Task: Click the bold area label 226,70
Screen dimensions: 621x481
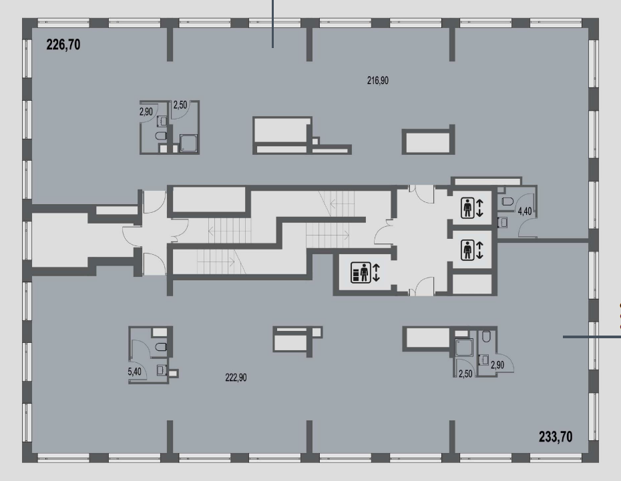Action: pos(63,45)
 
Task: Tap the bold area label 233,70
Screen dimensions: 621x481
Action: pos(556,437)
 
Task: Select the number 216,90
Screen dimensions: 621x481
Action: pos(378,81)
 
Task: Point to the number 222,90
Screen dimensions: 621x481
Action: pos(236,378)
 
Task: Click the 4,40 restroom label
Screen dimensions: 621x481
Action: pos(525,211)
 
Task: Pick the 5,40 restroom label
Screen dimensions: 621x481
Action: pos(135,372)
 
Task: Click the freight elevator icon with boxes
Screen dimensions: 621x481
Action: pos(361,272)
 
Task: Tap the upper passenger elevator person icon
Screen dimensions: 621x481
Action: pos(467,207)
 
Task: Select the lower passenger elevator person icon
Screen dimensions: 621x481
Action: pos(467,250)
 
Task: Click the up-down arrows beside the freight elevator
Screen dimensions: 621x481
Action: pos(376,273)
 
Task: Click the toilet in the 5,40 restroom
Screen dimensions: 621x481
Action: pos(161,347)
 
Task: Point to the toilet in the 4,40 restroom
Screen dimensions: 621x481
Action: pos(507,201)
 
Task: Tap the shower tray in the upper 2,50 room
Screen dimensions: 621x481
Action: pos(188,143)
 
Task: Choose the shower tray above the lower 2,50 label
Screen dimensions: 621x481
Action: pos(464,348)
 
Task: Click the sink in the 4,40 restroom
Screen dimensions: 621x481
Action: pos(503,222)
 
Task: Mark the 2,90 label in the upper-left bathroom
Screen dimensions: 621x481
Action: pos(146,112)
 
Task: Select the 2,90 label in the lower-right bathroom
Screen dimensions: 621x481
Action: pos(497,365)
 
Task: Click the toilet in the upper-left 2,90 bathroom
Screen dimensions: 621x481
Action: pos(161,137)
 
